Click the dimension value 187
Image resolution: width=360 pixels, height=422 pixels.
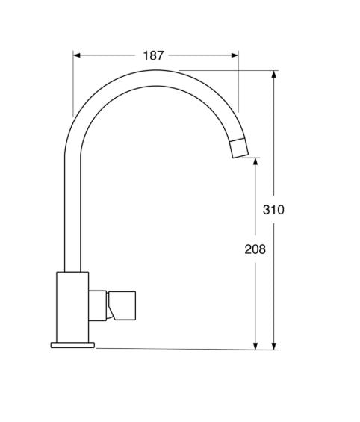click(x=153, y=55)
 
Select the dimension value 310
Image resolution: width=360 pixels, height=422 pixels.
click(x=273, y=210)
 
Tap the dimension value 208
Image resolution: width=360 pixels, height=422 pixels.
click(x=255, y=249)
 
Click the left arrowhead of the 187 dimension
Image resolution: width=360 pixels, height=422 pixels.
click(x=77, y=55)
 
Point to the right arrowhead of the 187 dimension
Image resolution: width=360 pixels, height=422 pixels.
click(x=235, y=55)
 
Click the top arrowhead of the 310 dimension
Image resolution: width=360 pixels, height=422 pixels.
click(x=274, y=74)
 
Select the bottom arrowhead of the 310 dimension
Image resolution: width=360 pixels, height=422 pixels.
click(x=274, y=346)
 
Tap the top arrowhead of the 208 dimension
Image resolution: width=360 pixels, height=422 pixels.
click(x=255, y=161)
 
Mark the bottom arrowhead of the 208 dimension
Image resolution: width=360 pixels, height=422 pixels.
click(x=255, y=346)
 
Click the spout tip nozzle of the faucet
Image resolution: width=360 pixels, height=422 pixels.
click(x=239, y=148)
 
